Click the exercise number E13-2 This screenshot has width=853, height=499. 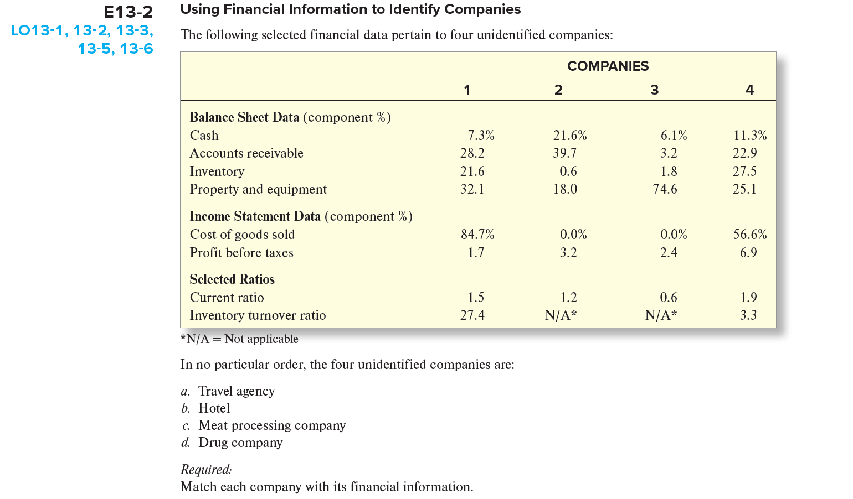pos(128,12)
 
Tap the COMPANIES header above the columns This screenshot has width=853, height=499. pos(608,66)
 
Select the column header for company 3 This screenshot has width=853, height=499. pos(654,90)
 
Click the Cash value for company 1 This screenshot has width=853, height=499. pos(480,136)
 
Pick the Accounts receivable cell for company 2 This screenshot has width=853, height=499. pos(564,153)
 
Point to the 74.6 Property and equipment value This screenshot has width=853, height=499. pos(665,189)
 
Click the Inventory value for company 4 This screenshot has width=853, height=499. pos(744,171)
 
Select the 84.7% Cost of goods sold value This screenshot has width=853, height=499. pos(477,235)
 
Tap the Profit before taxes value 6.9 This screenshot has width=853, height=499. pos(748,253)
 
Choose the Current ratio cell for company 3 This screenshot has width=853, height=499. pos(668,298)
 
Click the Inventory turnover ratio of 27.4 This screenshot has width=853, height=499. pos(472,315)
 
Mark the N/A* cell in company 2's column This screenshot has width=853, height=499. pos(561,315)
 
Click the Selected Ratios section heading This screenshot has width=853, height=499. pos(232,279)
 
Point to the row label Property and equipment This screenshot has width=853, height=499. pos(258,189)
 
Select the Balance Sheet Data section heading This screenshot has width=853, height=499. pos(244,117)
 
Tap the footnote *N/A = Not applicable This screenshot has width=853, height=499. pos(239,339)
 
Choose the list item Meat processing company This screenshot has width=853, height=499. pos(271,425)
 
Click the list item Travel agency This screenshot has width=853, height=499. pos(236,391)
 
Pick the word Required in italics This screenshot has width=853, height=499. pos(205,470)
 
